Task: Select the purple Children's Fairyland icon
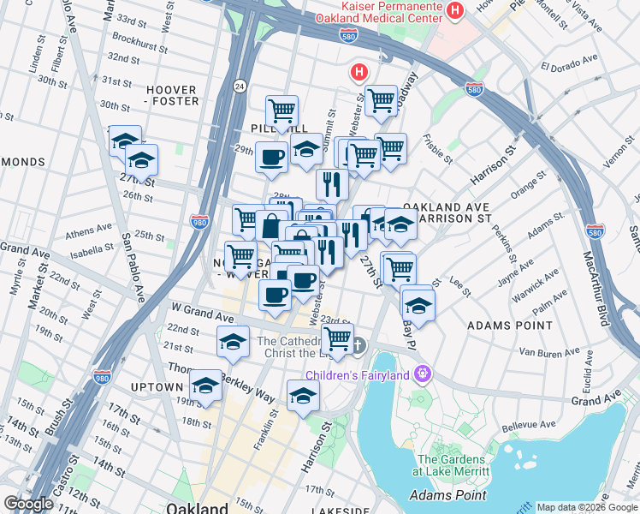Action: pos(421,374)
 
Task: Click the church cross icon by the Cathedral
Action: pos(359,346)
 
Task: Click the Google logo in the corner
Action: pos(28,505)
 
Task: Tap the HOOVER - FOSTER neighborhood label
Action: pos(172,95)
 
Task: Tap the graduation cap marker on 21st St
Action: pos(233,341)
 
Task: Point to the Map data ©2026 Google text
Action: pos(587,507)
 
